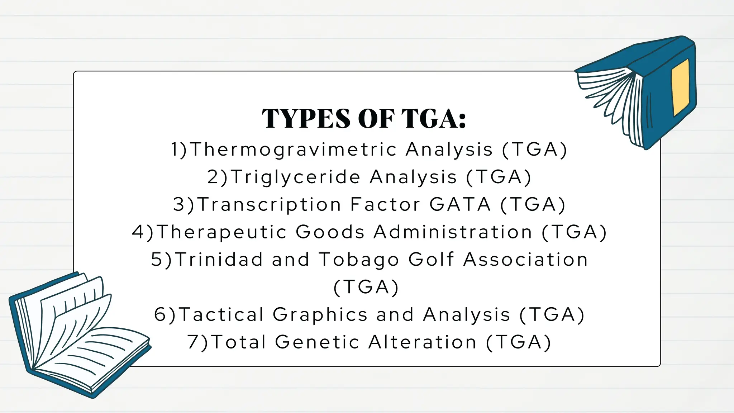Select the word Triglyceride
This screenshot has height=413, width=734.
tap(295, 177)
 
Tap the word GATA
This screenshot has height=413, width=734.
tap(460, 204)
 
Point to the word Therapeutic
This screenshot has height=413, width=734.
tap(222, 232)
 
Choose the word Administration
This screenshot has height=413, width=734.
tap(453, 232)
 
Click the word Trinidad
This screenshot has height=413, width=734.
tap(219, 259)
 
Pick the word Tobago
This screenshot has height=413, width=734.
tap(359, 260)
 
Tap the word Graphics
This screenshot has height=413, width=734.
tap(320, 315)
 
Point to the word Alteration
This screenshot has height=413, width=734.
tap(423, 342)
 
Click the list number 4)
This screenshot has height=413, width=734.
tap(143, 232)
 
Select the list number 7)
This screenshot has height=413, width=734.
tap(197, 342)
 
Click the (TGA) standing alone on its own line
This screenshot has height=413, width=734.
tap(366, 287)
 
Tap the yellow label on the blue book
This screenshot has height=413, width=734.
tap(680, 87)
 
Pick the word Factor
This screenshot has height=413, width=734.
tap(385, 204)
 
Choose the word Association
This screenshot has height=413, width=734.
tap(525, 259)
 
